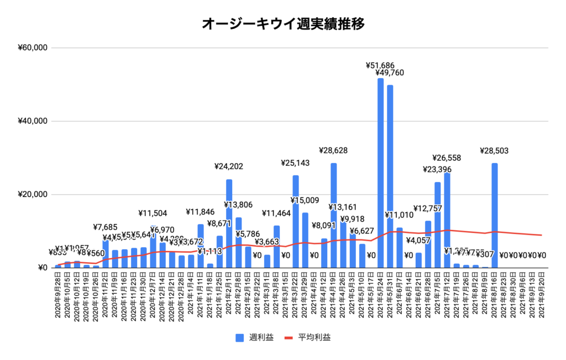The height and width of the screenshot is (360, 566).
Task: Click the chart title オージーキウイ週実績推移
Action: pos(283,24)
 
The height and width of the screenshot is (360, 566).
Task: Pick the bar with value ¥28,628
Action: pos(333,216)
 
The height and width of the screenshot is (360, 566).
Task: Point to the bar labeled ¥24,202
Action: pos(229,221)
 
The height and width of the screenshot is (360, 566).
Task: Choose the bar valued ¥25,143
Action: pos(296,221)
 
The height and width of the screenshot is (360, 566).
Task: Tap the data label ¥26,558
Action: pos(447,160)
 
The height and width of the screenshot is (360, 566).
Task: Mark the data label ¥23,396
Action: pos(437,169)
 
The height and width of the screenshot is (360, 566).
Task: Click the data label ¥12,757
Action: pos(428,208)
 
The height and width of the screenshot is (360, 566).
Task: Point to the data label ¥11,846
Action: pos(201,212)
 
